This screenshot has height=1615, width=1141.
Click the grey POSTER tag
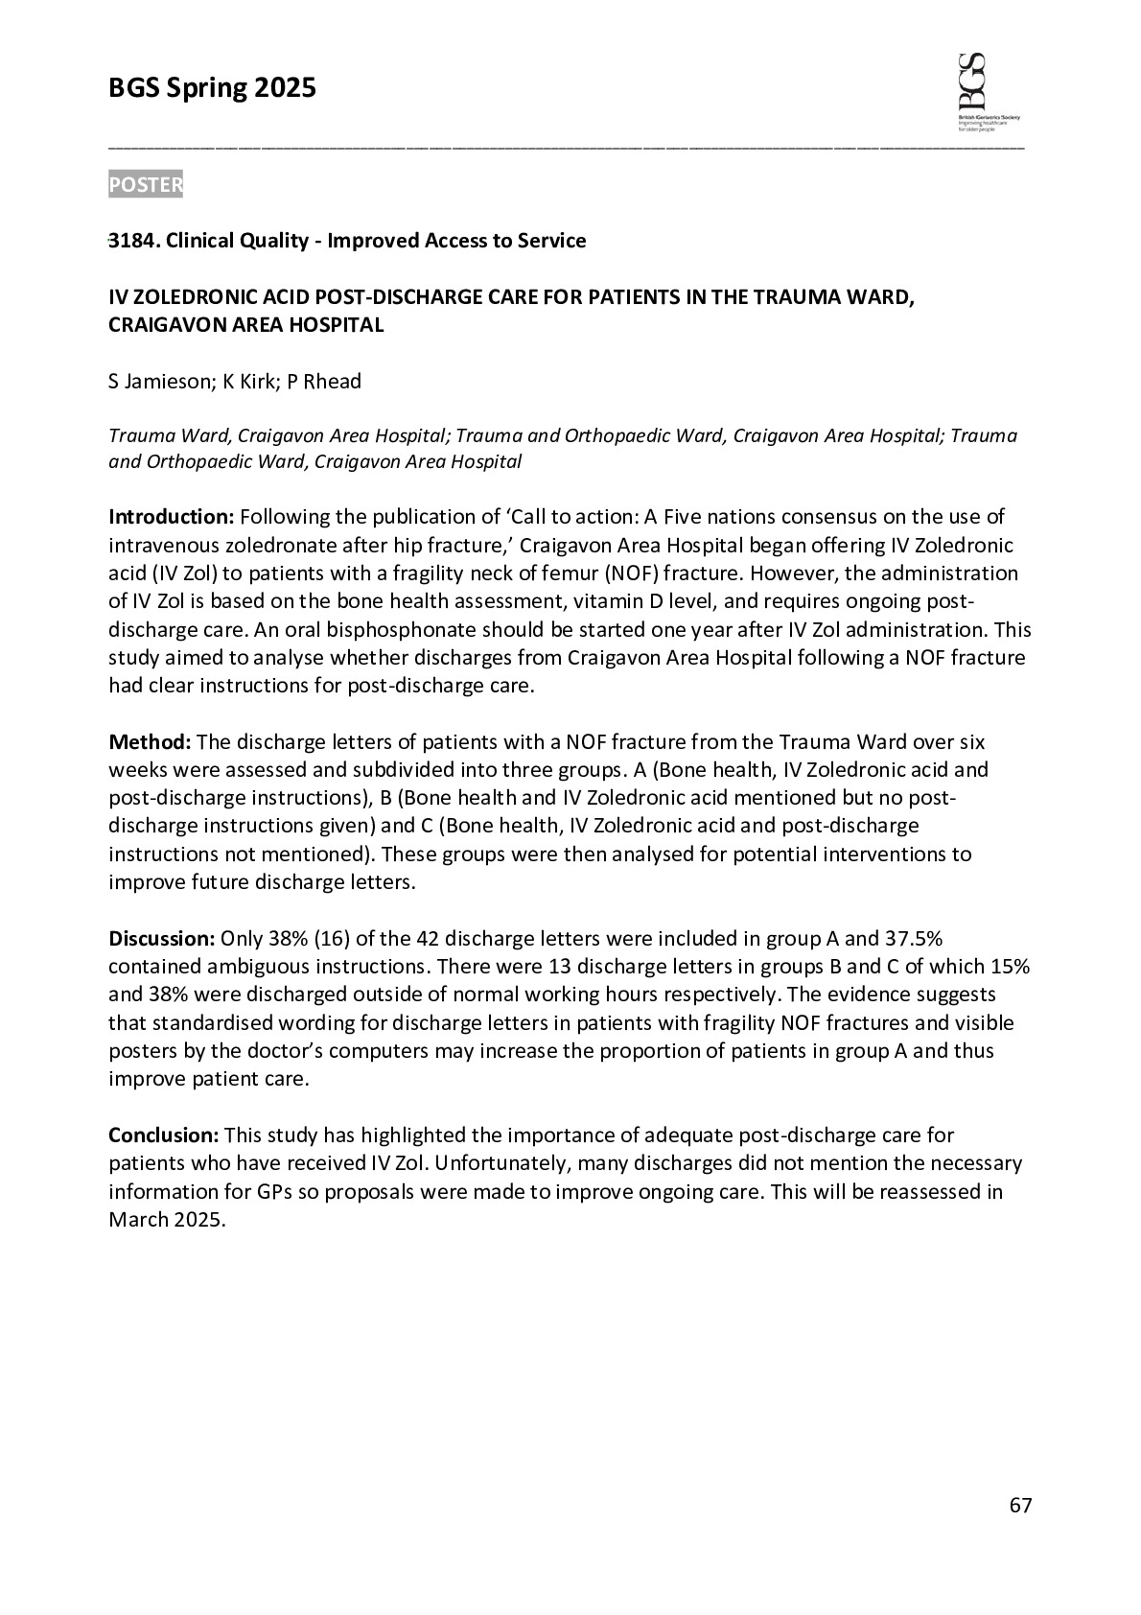click(145, 185)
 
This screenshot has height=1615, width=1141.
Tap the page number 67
click(1020, 1506)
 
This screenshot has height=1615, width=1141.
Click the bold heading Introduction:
click(171, 518)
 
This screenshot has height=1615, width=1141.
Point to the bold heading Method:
click(150, 742)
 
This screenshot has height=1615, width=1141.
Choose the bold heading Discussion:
click(161, 938)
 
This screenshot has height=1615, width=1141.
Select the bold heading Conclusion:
click(164, 1135)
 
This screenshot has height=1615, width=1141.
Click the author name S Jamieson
click(159, 382)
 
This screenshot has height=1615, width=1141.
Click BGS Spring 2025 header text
click(212, 88)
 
